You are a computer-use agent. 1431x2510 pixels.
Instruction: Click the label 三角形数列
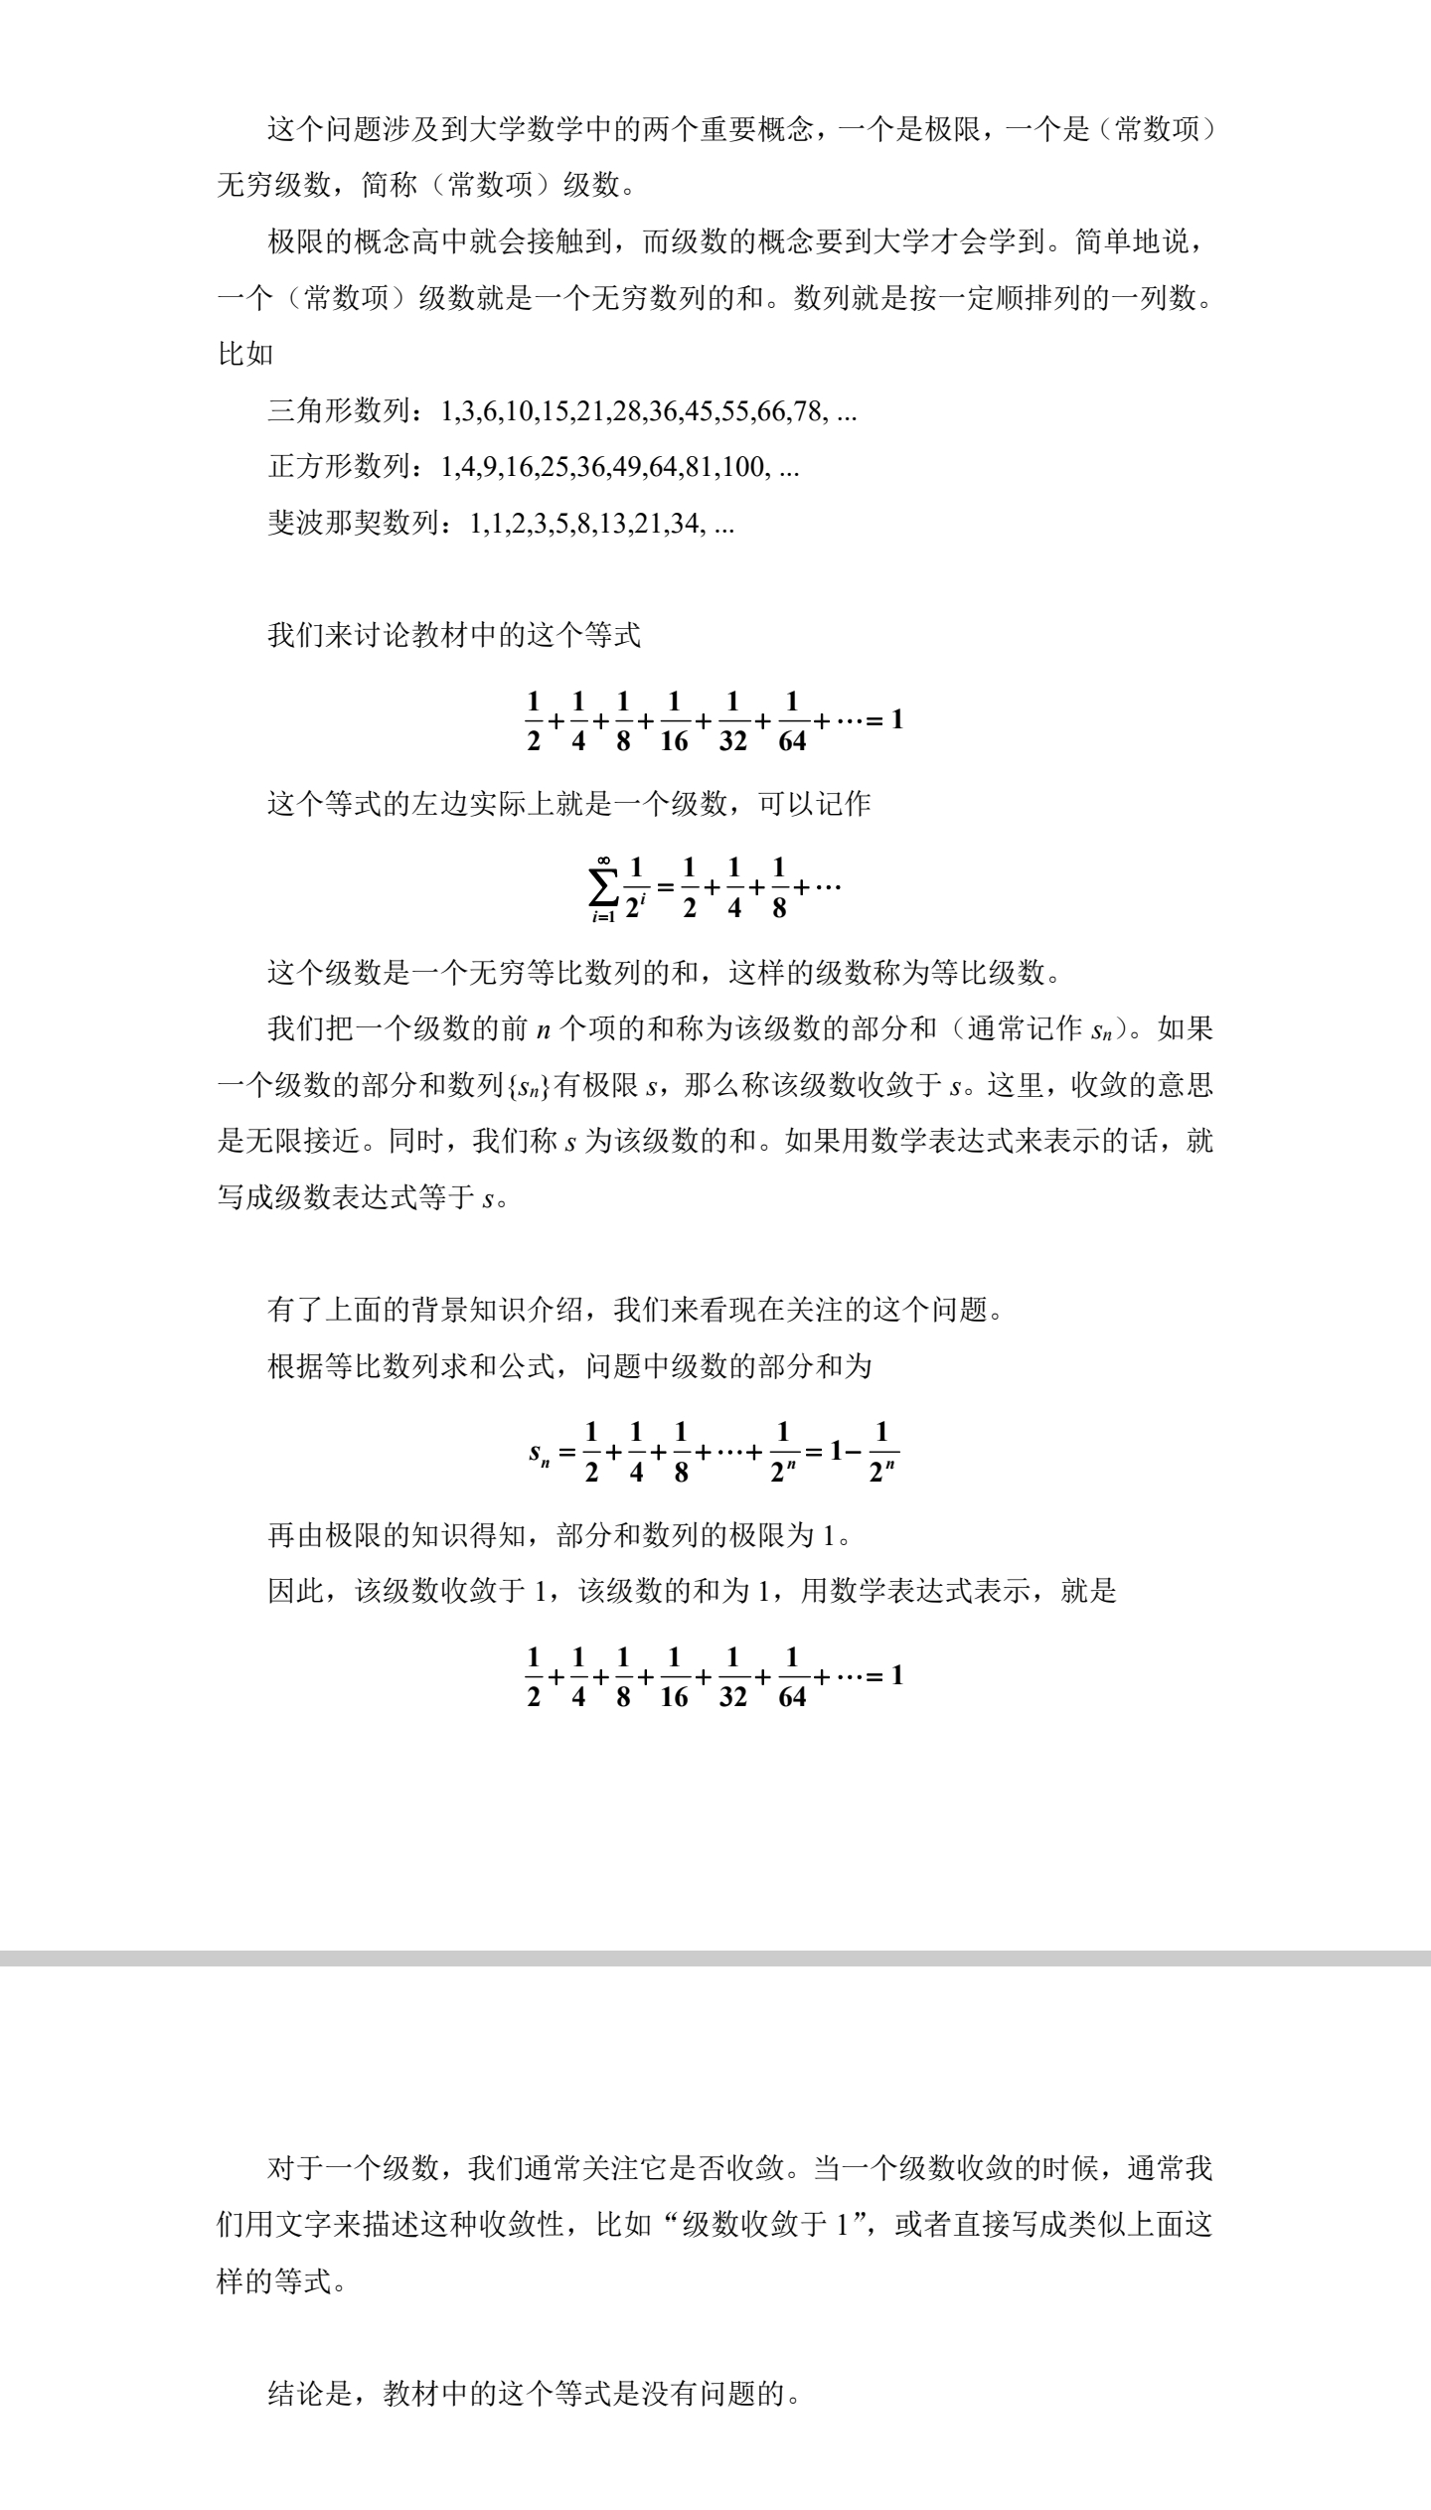[x=338, y=410]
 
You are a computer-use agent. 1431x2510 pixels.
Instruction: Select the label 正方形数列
[x=338, y=466]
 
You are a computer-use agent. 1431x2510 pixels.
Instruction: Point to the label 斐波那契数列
[x=353, y=523]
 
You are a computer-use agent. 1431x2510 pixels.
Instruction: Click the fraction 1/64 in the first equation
[x=792, y=720]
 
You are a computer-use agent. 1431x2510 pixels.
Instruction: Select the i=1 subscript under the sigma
[x=602, y=917]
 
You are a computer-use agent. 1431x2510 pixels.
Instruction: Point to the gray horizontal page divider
[x=715, y=1958]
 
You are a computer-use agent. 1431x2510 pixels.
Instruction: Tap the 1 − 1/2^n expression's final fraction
[x=881, y=1454]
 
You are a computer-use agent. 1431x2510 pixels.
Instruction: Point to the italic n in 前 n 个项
[x=543, y=1029]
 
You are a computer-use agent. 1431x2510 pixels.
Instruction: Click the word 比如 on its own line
[x=245, y=353]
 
